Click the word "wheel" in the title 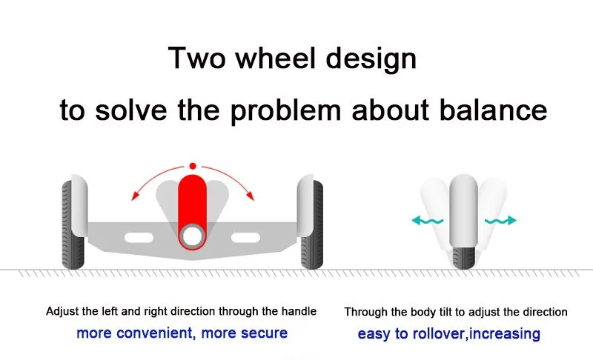tap(280, 58)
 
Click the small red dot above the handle tap(193, 165)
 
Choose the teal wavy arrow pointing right tap(502, 220)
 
